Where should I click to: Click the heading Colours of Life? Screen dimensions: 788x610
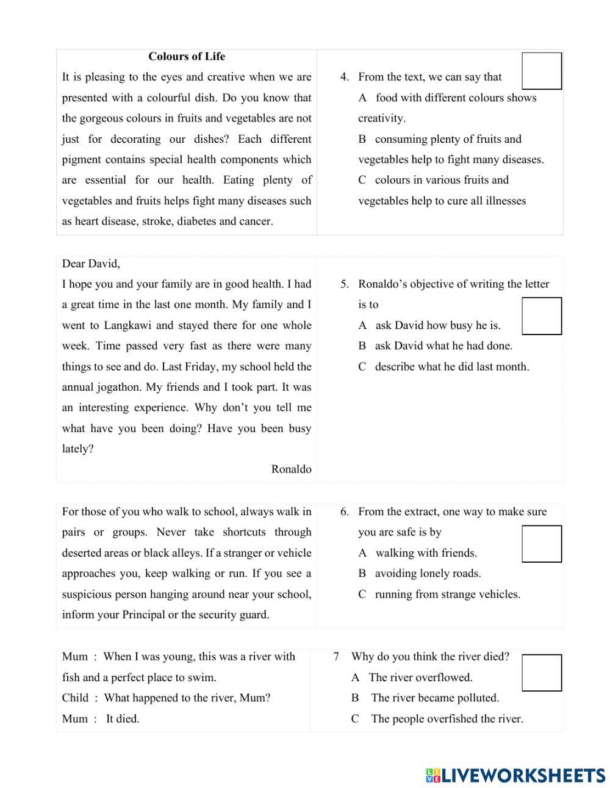pos(187,57)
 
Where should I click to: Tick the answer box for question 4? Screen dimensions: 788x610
pos(541,71)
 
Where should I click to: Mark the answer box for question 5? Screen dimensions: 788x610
pos(541,316)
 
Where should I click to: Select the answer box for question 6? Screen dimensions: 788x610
pos(541,544)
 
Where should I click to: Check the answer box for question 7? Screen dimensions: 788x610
pos(541,673)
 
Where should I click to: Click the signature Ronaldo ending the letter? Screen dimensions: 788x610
pos(291,469)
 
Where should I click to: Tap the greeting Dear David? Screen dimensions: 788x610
pos(91,264)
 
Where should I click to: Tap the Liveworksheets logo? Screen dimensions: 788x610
pos(515,775)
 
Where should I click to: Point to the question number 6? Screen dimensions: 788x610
pos(344,512)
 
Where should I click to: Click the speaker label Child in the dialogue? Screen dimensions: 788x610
pos(75,698)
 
